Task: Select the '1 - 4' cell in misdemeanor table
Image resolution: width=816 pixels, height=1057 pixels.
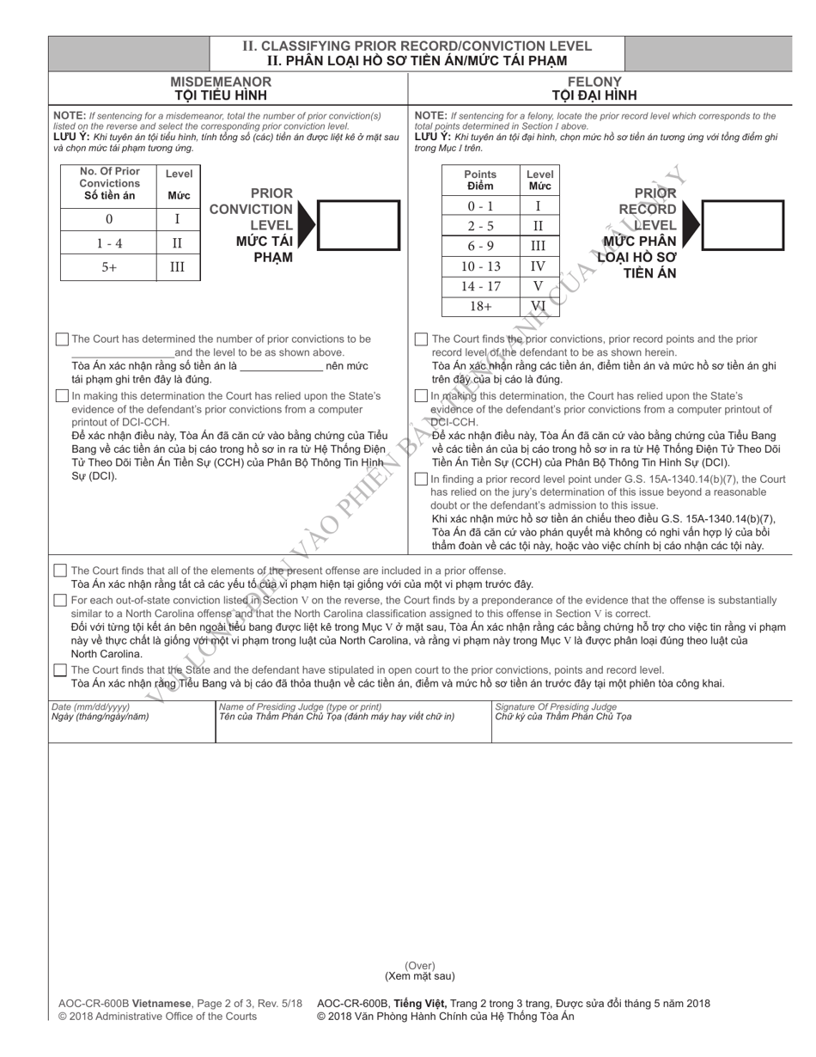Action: (x=108, y=243)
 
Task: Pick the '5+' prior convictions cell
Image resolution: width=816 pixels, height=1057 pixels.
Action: (x=108, y=267)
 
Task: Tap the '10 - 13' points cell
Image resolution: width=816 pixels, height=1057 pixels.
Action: (x=480, y=266)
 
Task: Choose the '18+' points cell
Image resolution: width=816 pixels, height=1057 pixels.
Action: (x=480, y=306)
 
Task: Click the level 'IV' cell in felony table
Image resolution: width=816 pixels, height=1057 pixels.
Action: (x=538, y=266)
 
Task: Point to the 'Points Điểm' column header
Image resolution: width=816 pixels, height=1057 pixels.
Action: (x=480, y=180)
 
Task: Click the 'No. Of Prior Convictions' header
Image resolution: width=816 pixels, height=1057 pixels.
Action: (x=109, y=183)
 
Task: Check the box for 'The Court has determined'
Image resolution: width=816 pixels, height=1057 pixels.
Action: (x=61, y=339)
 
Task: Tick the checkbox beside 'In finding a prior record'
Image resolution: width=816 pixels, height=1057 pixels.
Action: (x=421, y=480)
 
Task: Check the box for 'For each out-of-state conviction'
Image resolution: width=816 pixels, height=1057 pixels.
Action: (x=60, y=601)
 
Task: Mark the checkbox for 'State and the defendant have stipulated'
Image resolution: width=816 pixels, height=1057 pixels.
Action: (x=60, y=670)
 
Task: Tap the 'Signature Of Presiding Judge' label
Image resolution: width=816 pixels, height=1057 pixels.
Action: (x=556, y=706)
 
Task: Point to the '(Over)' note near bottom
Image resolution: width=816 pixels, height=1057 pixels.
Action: (x=419, y=966)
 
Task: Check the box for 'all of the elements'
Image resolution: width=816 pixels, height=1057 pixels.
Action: (x=60, y=571)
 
